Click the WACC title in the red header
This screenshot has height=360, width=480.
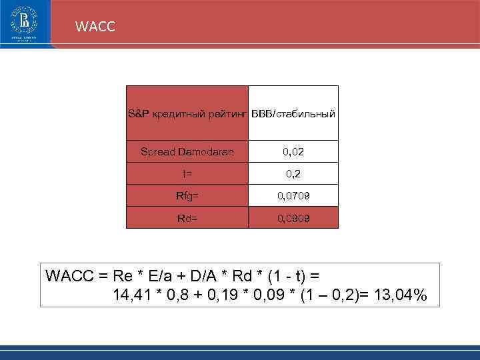click(95, 27)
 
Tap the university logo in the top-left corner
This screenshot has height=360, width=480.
click(25, 25)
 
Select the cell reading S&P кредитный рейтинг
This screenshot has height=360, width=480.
click(187, 114)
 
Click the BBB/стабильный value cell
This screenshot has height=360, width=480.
click(293, 114)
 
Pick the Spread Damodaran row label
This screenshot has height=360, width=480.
click(187, 152)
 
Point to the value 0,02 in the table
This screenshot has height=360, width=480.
click(293, 152)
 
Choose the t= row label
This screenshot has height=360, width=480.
click(187, 174)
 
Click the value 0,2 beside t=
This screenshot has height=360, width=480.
click(293, 174)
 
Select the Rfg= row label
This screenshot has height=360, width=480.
click(187, 196)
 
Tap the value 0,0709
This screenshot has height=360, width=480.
click(293, 196)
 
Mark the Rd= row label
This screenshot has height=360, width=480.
click(187, 218)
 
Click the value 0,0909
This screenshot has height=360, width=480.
click(293, 218)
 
